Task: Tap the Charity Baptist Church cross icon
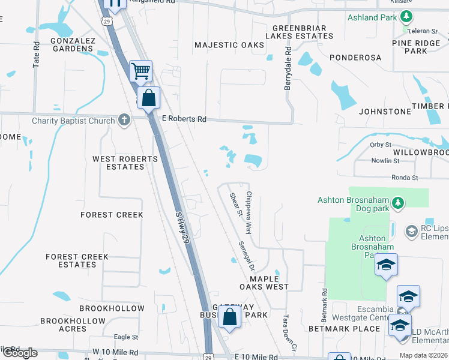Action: click(124, 120)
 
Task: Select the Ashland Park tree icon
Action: click(407, 16)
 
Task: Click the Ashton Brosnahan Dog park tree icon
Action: click(397, 203)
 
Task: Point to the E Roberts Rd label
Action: click(184, 119)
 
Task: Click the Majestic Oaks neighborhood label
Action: click(229, 45)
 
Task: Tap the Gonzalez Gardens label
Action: click(73, 44)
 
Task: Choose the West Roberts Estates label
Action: click(125, 163)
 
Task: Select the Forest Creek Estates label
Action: click(77, 260)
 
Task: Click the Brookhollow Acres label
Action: click(73, 325)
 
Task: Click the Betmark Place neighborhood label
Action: click(344, 329)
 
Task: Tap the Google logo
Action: click(20, 353)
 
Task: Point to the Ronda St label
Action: click(404, 178)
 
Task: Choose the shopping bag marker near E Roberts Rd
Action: click(148, 98)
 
